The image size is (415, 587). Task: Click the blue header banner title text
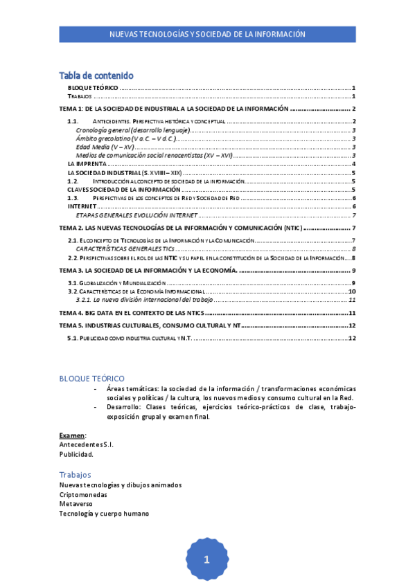click(207, 34)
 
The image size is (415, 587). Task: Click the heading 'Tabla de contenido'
click(96, 75)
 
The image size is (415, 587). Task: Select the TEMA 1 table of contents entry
click(173, 109)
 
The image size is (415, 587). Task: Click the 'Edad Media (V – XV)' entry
click(105, 147)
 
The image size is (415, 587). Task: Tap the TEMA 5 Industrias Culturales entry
click(150, 325)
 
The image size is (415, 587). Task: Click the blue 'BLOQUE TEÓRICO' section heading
click(92, 379)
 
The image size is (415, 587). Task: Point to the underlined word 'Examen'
click(72, 435)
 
